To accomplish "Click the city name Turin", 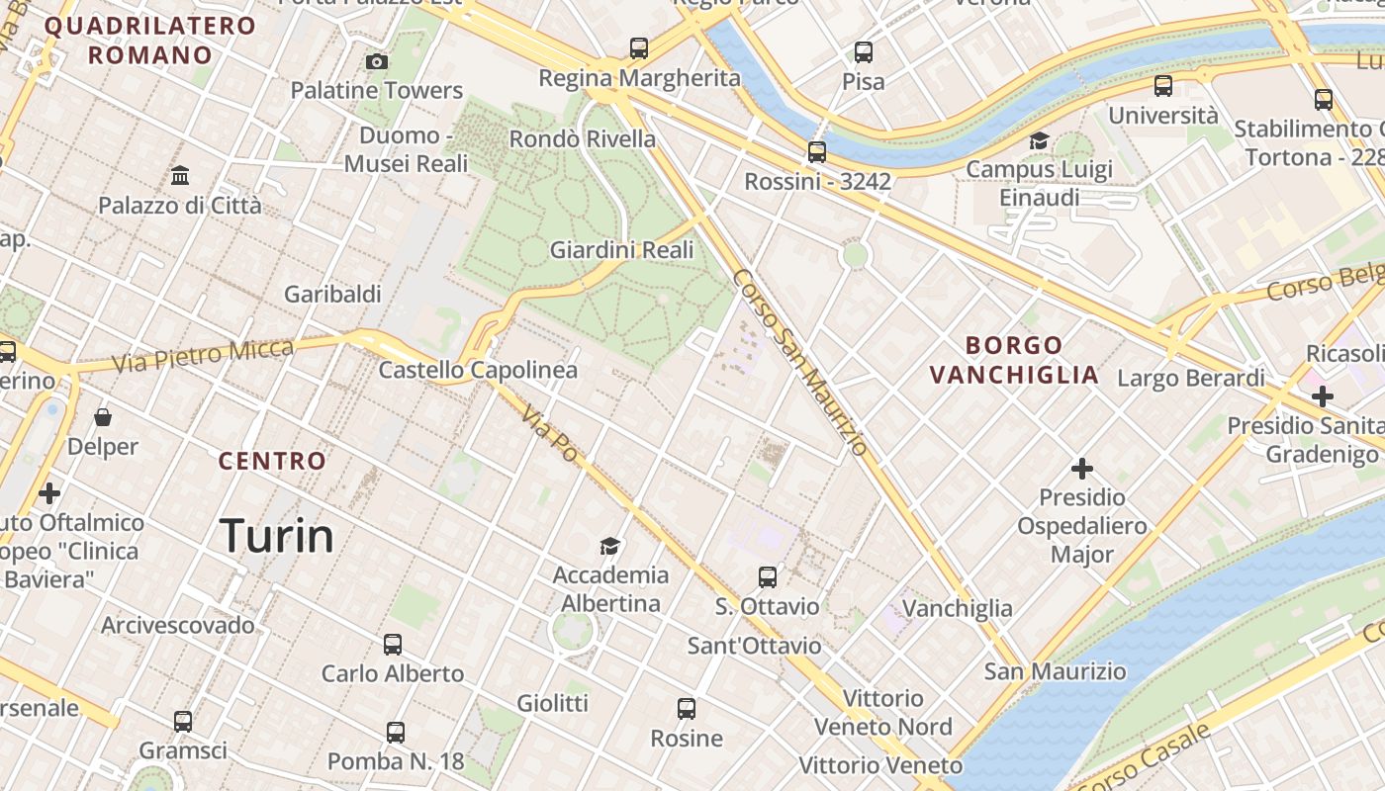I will [276, 536].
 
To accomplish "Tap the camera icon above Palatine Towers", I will [376, 62].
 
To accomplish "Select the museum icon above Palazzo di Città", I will [180, 176].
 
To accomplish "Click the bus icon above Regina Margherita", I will [639, 47].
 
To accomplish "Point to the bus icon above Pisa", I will [864, 51].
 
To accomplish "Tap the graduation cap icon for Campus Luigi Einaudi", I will [1039, 141].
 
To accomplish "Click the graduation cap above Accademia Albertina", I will [610, 546].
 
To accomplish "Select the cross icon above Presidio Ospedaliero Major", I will [1082, 468].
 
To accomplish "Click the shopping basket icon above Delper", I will [103, 418].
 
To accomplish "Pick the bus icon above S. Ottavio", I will [768, 577].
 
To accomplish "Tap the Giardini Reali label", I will [622, 250].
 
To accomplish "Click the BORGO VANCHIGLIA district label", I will [1015, 360].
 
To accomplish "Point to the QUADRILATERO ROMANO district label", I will [150, 40].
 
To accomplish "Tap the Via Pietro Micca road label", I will [203, 356].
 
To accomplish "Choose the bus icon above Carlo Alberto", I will [393, 645].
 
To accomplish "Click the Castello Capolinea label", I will [478, 371].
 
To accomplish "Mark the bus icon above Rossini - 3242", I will [817, 152].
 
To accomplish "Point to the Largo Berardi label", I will [1191, 378].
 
